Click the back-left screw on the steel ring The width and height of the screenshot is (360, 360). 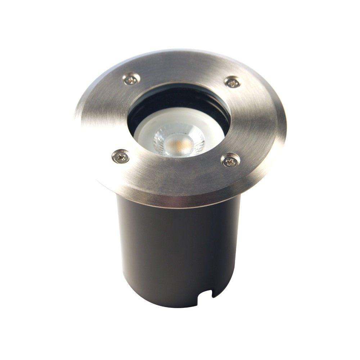(x=131, y=78)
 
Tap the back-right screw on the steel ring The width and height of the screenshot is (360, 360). (x=233, y=82)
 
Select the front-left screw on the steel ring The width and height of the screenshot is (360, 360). (x=121, y=156)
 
